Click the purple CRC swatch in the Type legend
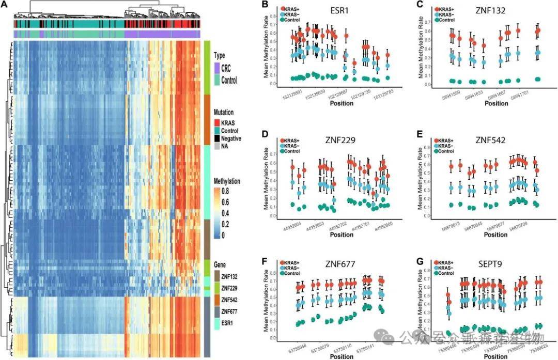click(216, 68)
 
